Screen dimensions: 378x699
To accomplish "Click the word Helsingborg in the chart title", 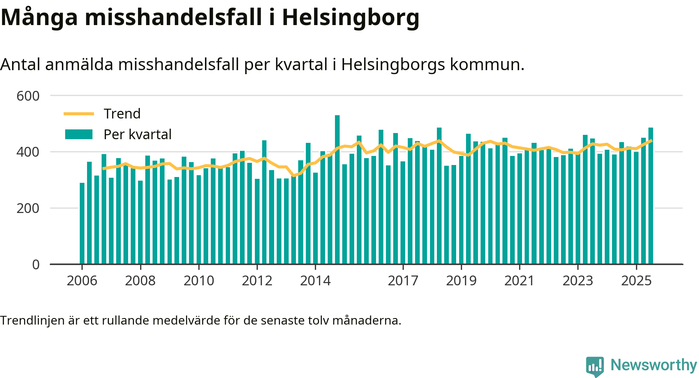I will coord(350,17).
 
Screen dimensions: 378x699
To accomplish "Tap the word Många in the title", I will coord(39,17).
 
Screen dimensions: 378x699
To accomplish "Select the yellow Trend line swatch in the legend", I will coord(79,114).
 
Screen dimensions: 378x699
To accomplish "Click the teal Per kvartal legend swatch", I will coord(79,134).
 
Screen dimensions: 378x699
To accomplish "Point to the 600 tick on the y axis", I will coord(28,96).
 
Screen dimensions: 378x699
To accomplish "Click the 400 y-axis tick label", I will coord(28,152).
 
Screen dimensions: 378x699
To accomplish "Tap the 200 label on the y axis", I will coord(28,208).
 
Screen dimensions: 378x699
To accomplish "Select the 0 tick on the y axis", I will coord(36,265).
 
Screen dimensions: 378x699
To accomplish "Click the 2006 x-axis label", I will coord(82,281).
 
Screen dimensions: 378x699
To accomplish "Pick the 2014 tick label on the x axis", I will coord(315,281).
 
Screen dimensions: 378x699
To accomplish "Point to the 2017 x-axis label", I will coord(403,281).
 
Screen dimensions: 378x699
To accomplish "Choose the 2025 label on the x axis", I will coord(636,281).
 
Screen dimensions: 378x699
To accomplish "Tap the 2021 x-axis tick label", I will coord(520,281).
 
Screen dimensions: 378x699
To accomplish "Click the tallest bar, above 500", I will coord(337,189).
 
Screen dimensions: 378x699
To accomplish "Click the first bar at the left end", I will coord(82,223).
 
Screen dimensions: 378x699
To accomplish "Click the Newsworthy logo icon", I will coord(595,366).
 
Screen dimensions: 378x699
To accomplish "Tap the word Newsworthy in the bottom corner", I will coord(653,365).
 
